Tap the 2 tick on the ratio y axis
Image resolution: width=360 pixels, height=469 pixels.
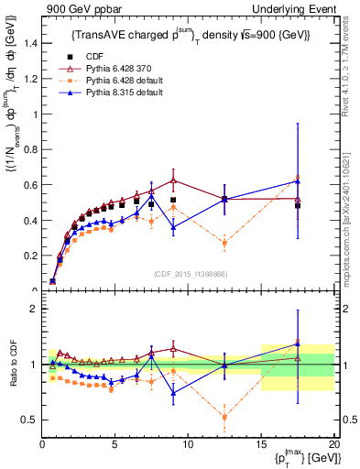pyautogui.click(x=34, y=309)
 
